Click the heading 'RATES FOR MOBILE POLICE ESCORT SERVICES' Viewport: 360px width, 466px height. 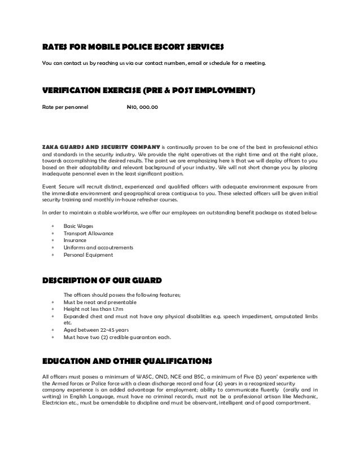134,45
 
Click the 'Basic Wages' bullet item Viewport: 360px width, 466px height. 79,226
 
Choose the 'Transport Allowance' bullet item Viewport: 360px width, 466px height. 89,233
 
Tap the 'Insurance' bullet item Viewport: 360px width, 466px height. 75,240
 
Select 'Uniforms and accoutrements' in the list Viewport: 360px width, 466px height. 98,248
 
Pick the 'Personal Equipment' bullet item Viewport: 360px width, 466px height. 88,255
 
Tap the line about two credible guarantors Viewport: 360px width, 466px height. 118,338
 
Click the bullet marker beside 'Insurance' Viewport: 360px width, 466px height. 52,240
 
